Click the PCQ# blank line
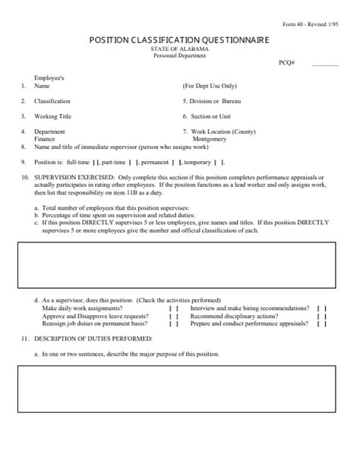tap(325, 65)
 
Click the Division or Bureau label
tap(212, 101)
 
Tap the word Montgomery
tap(209, 139)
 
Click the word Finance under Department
tap(45, 139)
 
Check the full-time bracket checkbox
tap(94, 163)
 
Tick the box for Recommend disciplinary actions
tap(321, 316)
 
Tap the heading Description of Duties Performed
tap(93, 337)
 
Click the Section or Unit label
tap(207, 116)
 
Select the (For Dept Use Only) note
tap(210, 87)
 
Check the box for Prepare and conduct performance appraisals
tap(321, 324)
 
